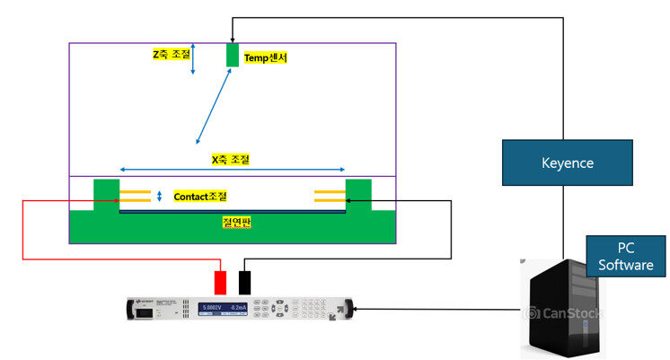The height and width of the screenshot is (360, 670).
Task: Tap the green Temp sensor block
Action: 232,55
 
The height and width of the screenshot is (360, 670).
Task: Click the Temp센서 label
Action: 266,57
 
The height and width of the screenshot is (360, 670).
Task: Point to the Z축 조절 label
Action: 171,54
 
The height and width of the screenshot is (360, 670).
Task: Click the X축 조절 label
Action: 230,159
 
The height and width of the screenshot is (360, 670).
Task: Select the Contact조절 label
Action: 200,196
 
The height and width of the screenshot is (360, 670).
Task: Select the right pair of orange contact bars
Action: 329,196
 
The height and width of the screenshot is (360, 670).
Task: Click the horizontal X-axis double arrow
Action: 232,170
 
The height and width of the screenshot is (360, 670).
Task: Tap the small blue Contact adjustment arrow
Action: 159,197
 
